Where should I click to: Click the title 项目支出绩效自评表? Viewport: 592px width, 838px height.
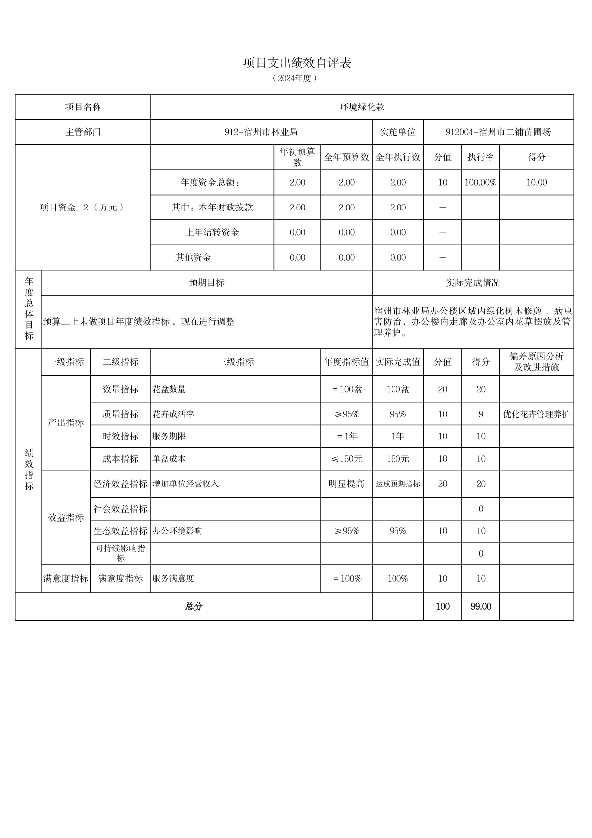297,63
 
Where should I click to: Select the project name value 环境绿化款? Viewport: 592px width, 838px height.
362,107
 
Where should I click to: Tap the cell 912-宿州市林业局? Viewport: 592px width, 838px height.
261,132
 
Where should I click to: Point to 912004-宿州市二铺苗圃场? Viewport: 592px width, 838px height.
498,132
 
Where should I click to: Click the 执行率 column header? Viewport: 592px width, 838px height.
480,157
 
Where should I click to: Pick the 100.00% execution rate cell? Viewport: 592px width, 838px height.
480,183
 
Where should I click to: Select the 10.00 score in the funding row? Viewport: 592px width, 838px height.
536,183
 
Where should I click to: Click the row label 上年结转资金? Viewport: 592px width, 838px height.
212,233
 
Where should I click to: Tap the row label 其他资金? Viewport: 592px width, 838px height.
193,258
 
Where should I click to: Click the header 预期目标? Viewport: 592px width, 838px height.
206,283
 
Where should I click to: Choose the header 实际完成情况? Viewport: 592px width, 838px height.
472,283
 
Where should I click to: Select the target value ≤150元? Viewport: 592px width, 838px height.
347,459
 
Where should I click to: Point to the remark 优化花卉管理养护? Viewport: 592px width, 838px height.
536,414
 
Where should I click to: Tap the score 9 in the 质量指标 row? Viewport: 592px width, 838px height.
480,414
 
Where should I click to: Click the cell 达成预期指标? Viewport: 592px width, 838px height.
397,484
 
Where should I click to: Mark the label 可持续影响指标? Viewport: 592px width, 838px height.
120,553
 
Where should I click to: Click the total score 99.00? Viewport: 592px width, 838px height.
480,606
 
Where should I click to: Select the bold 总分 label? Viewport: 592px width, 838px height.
194,606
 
